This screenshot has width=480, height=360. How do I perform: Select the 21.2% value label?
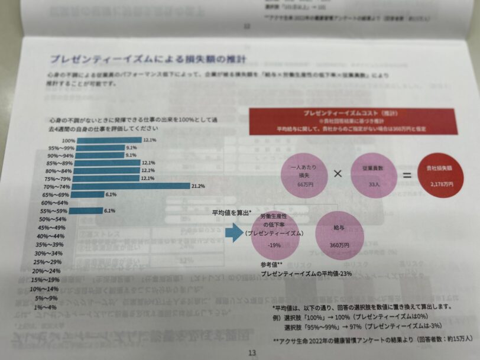coord(197,186)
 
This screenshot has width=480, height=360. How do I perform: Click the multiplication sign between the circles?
coord(338,174)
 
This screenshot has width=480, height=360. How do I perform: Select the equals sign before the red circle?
coord(407,176)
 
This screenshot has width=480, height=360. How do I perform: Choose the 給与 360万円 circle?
coord(339,235)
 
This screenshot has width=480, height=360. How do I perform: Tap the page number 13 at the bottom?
coord(252,352)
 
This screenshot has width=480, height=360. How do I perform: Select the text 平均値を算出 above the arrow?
coord(232,212)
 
